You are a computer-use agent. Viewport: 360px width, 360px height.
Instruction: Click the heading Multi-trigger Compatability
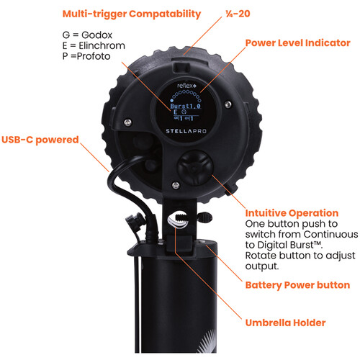(x=132, y=14)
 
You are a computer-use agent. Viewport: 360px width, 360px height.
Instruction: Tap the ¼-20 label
(x=238, y=14)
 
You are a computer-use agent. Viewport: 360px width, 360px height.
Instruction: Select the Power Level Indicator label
(x=297, y=43)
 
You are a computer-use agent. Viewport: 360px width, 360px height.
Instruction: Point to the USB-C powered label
(x=40, y=140)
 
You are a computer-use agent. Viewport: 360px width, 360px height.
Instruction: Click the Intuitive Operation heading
(x=292, y=213)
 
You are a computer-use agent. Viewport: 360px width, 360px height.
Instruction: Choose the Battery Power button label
(x=297, y=285)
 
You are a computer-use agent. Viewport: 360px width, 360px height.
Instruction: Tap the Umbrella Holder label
(x=285, y=323)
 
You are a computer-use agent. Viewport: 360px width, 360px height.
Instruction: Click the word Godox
(x=96, y=35)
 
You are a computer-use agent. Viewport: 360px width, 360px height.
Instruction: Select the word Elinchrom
(x=102, y=45)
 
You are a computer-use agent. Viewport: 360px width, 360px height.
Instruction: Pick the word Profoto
(x=94, y=56)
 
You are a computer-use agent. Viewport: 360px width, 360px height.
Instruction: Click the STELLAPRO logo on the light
(x=186, y=131)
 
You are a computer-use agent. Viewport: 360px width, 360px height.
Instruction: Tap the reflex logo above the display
(x=186, y=86)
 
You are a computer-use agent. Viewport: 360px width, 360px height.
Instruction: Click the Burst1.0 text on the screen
(x=185, y=106)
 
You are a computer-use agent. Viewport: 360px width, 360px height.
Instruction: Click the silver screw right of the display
(x=228, y=104)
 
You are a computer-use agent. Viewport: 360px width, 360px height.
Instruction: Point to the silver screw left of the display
(x=127, y=122)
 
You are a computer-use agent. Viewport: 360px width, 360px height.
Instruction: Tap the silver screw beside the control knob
(x=176, y=185)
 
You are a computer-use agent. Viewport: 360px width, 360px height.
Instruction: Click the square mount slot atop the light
(x=181, y=67)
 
